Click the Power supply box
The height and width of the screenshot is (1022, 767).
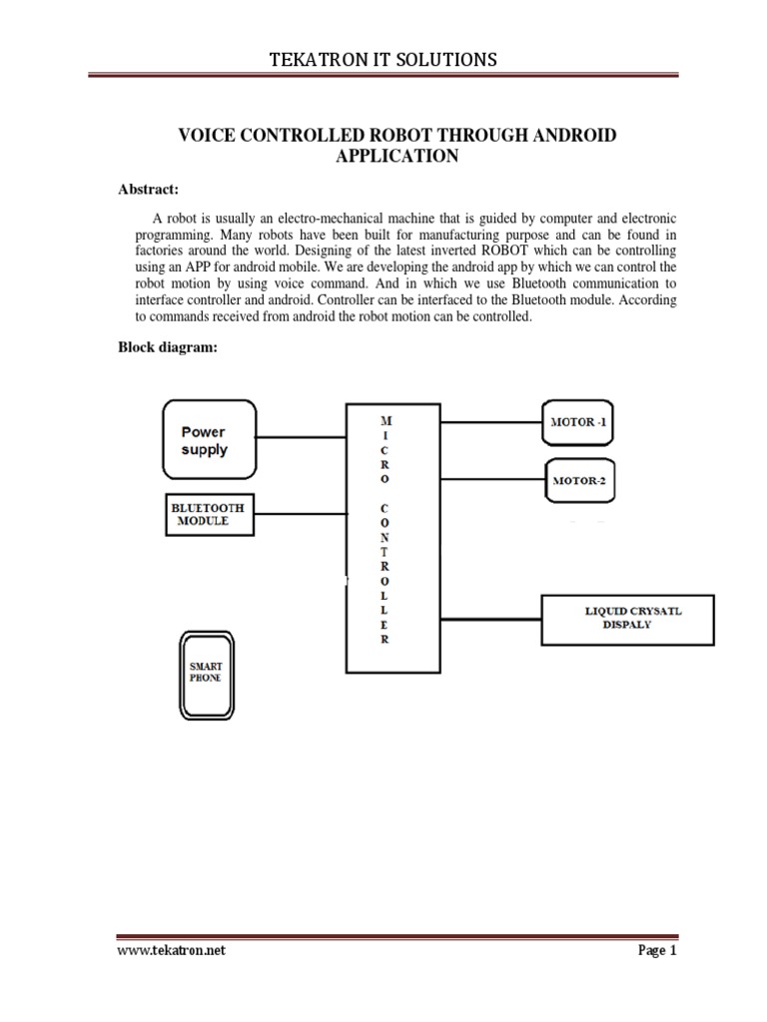pyautogui.click(x=208, y=440)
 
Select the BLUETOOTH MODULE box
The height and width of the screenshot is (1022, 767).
pyautogui.click(x=208, y=514)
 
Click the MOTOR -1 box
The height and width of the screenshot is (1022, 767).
pyautogui.click(x=584, y=421)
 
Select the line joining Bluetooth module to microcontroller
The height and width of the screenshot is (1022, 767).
pyautogui.click(x=300, y=514)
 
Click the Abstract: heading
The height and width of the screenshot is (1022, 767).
pyautogui.click(x=149, y=190)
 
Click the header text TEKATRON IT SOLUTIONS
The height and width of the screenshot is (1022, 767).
pyautogui.click(x=383, y=61)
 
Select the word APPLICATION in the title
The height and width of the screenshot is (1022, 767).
pyautogui.click(x=383, y=156)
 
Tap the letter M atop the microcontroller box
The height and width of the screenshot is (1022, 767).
pyautogui.click(x=384, y=420)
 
